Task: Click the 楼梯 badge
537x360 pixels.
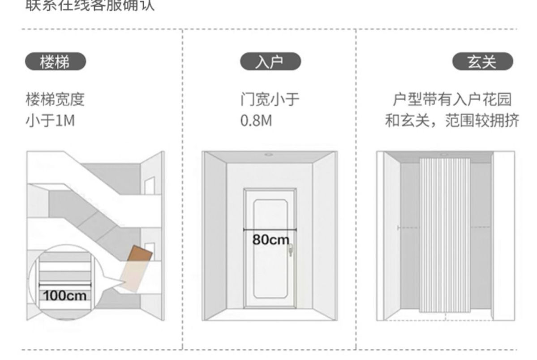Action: click(x=55, y=62)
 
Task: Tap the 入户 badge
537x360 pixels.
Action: click(x=271, y=62)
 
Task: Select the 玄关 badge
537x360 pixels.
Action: click(x=482, y=62)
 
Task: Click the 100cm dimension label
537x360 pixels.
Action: click(x=65, y=296)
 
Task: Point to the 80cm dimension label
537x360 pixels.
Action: click(x=271, y=240)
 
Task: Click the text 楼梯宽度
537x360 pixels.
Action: click(x=55, y=100)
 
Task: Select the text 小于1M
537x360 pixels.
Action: click(x=50, y=121)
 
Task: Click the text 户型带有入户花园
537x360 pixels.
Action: click(x=452, y=100)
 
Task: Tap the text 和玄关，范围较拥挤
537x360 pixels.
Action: click(x=452, y=121)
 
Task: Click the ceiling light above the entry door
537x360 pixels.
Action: click(x=269, y=155)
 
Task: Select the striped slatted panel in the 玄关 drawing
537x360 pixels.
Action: click(x=445, y=235)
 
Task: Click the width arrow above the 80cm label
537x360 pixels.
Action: click(x=270, y=230)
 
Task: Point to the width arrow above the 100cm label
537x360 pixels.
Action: click(x=65, y=284)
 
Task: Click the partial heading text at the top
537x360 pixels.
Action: click(x=90, y=6)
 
